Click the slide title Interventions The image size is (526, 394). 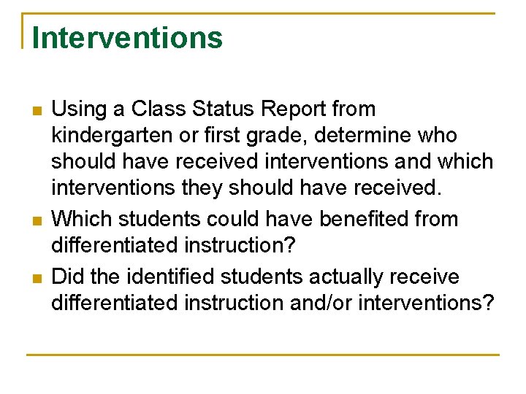point(127,38)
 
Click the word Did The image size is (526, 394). point(69,277)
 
